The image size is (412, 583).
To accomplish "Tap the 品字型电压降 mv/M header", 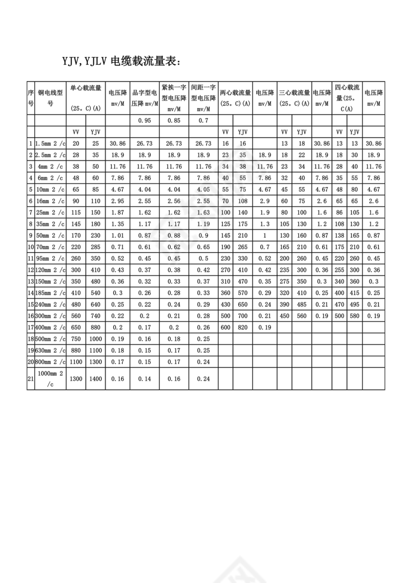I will [x=144, y=98].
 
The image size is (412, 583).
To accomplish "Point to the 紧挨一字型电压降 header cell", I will [x=174, y=98].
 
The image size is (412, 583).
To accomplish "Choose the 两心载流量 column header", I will [x=235, y=98].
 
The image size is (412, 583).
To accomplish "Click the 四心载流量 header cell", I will [x=347, y=98].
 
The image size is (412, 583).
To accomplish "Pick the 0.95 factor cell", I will [x=144, y=121].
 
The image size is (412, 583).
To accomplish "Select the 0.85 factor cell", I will [x=174, y=121].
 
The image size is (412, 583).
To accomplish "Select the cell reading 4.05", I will [x=203, y=189].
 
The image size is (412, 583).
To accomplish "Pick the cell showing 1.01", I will [x=118, y=234].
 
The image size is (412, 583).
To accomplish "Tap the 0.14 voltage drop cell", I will [x=144, y=379].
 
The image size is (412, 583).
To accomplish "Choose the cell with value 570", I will [x=243, y=292].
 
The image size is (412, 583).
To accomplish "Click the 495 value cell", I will [x=354, y=304].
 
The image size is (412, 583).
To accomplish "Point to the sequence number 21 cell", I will [x=30, y=379].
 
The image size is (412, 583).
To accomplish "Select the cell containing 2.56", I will [x=174, y=200].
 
